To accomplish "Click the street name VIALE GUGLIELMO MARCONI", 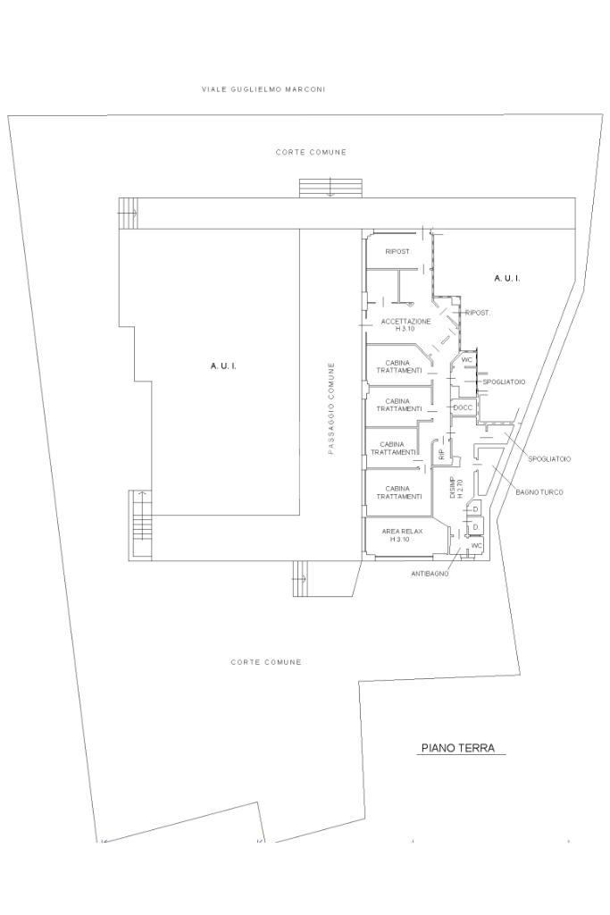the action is pos(263,89).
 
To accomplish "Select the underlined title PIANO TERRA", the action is pos(458,748).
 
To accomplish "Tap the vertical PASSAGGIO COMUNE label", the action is pos(330,407).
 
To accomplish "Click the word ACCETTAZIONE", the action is pos(405,322).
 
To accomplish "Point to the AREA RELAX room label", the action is pos(403,532).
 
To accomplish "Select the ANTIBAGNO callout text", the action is pos(430,575).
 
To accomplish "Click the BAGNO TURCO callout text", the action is pos(539,492).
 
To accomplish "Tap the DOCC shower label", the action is pos(463,407).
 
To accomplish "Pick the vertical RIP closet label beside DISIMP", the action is pos(441,453).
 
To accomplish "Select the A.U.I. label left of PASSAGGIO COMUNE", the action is pos(222,365).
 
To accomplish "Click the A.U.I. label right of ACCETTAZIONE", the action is pos(506,279).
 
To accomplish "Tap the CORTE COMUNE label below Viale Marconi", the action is pos(311,152).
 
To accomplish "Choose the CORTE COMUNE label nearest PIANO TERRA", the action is pos(266,662).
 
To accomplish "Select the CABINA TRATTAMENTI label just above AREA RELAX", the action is pos(399,492).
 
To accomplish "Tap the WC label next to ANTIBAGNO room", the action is pos(476,545).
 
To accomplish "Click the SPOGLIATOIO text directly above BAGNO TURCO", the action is pos(549,459).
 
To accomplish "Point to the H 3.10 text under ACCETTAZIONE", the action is pos(405,329).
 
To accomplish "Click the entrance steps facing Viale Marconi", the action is pos(331,188).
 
